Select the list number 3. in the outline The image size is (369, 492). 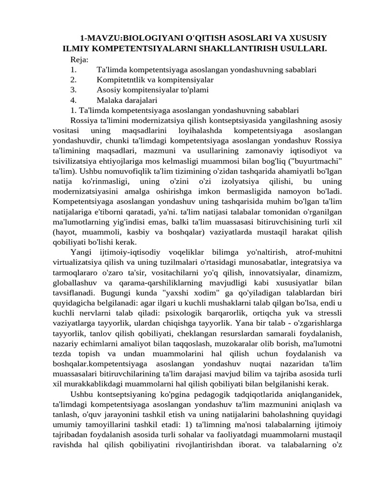74,89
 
